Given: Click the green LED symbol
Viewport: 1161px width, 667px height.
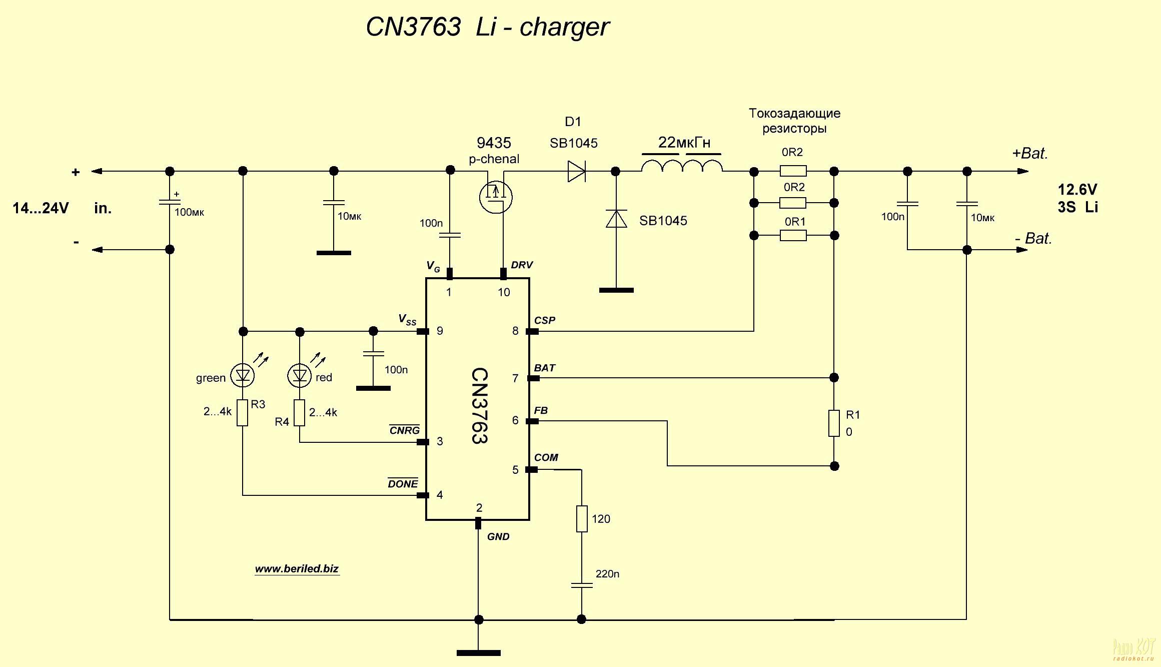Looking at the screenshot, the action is [243, 375].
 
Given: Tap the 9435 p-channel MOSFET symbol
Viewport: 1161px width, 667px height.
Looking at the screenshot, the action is [496, 196].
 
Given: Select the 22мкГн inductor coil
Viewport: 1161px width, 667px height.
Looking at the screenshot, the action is [682, 166].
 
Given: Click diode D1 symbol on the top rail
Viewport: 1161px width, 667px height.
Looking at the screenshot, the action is [576, 171].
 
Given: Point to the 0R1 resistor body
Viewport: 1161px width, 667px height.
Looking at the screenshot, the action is [793, 235].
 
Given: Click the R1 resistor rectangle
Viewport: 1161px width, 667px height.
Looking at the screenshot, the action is [834, 423].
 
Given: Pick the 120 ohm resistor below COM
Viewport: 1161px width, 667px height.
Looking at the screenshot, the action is [582, 518].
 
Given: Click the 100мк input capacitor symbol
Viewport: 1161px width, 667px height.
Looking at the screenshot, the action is [170, 202].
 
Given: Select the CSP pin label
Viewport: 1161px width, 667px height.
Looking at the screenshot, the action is [544, 320].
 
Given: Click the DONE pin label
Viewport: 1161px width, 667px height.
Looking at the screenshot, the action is [403, 483].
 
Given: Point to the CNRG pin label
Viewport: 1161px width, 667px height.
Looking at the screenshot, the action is [404, 430].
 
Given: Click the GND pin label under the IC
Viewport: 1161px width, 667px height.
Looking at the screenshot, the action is [498, 537].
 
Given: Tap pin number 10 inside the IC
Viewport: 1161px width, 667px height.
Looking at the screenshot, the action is [504, 292].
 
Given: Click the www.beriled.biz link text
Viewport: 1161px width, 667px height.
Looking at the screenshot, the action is [297, 569].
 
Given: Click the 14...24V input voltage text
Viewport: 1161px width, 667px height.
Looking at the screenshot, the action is [41, 208].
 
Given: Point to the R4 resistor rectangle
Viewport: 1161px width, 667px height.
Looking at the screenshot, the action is [299, 413].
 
